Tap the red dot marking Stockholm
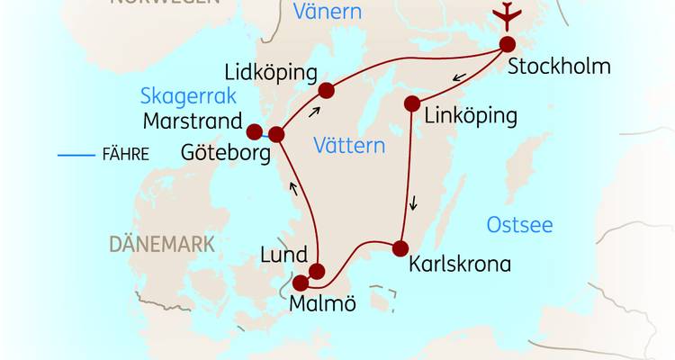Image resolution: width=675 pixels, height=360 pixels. [x=508, y=44]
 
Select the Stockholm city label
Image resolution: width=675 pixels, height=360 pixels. [x=559, y=67]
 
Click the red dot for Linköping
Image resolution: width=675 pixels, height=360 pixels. [x=413, y=103]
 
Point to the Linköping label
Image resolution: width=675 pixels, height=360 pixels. [x=471, y=116]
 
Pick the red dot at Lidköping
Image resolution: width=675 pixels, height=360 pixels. [x=326, y=89]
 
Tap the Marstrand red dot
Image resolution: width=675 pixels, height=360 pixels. [x=254, y=130]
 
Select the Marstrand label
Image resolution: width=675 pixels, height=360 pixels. [x=192, y=120]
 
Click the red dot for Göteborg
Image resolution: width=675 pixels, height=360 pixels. [x=276, y=134]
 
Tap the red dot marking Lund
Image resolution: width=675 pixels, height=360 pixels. [x=316, y=270]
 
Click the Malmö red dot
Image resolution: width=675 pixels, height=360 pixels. [x=301, y=283]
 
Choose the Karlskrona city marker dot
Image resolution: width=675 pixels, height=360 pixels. [x=400, y=247]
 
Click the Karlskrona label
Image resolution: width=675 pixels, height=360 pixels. [x=459, y=265]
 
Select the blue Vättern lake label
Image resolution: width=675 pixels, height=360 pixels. [x=349, y=146]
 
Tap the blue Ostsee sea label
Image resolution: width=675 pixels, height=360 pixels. [x=519, y=225]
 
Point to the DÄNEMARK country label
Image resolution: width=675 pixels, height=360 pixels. [x=162, y=244]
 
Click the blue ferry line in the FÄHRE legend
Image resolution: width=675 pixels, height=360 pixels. [x=76, y=155]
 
